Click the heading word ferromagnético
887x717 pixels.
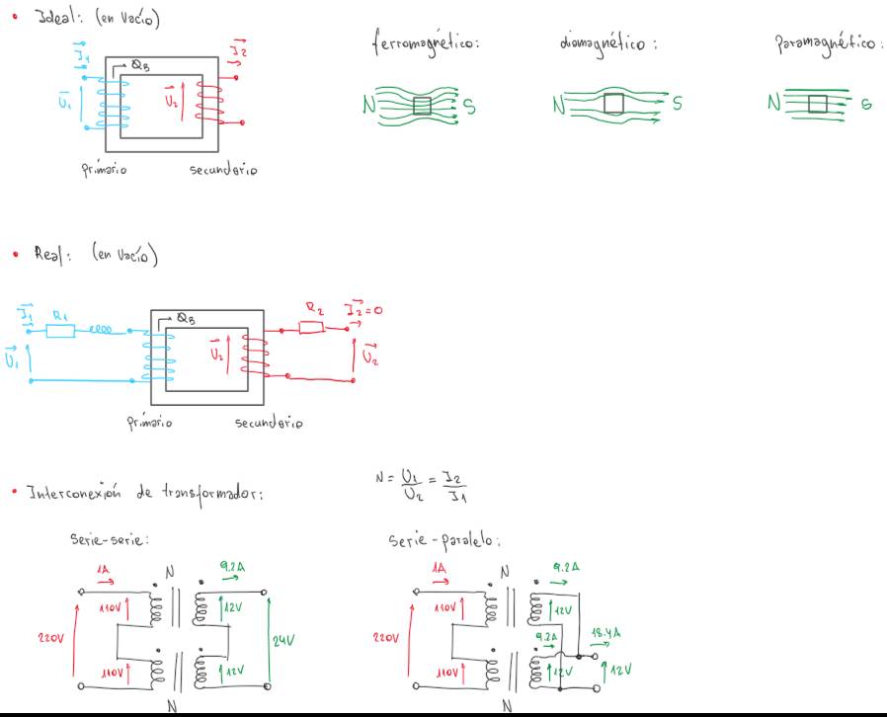click(426, 44)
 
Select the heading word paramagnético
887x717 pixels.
click(827, 45)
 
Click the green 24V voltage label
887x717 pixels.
click(284, 640)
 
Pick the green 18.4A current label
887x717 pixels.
click(605, 633)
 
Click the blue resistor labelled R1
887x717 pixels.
click(59, 331)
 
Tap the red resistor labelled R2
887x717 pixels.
click(311, 325)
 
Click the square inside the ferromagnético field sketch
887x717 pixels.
click(422, 106)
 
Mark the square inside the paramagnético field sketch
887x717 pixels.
click(817, 104)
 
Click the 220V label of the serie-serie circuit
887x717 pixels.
click(50, 639)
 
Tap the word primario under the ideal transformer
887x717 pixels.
click(103, 169)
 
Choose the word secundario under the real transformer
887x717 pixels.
click(269, 423)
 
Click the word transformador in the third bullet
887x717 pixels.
click(218, 492)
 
